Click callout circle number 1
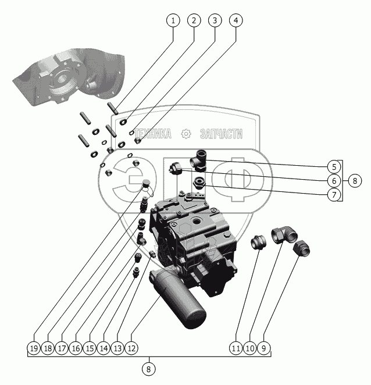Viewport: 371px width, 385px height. click(172, 20)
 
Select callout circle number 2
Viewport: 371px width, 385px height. click(193, 20)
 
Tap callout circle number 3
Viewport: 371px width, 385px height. click(214, 20)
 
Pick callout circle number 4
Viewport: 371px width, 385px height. click(235, 20)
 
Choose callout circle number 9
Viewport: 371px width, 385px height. click(265, 348)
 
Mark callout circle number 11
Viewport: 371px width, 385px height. click(235, 348)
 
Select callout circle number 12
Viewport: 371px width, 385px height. click(132, 348)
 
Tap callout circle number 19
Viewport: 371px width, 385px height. click(34, 348)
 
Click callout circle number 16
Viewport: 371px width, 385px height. click(76, 348)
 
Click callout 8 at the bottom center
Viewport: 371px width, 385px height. click(149, 368)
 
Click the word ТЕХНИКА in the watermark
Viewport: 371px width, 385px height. click(152, 134)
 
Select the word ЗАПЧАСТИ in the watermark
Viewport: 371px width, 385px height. click(220, 134)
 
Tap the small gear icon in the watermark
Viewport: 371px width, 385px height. click(186, 134)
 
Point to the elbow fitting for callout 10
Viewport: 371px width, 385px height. click(284, 234)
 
